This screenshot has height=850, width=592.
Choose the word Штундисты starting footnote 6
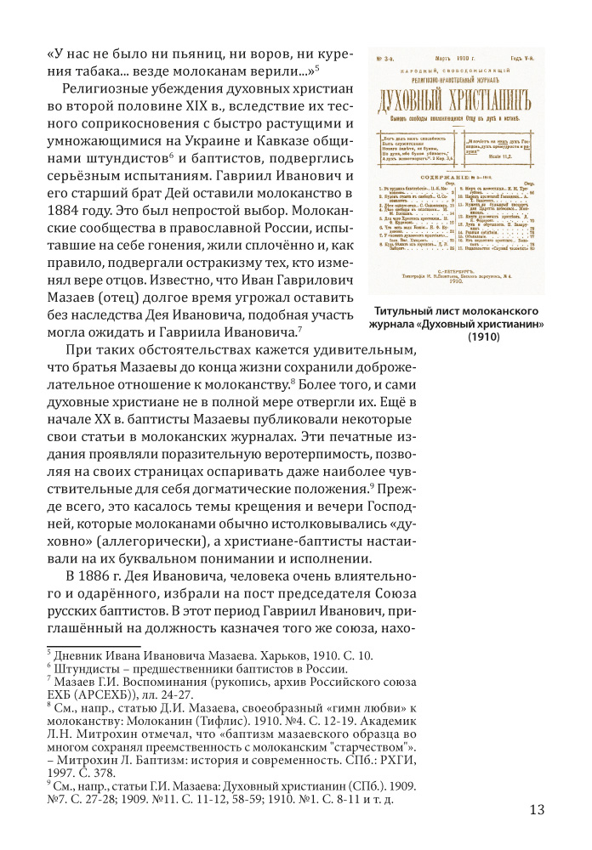(88, 671)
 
